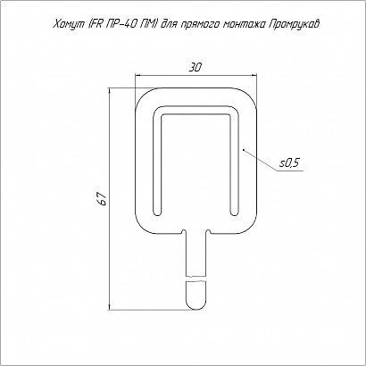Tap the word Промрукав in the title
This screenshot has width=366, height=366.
click(294, 25)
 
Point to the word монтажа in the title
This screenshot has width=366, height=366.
click(243, 25)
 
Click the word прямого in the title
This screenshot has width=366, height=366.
click(198, 25)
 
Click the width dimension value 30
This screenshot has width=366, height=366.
click(195, 68)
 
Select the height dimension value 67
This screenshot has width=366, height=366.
click(103, 199)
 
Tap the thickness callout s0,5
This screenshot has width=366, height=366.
click(289, 163)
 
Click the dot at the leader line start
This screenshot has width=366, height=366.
click(244, 149)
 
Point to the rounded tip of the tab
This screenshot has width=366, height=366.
click(195, 304)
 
